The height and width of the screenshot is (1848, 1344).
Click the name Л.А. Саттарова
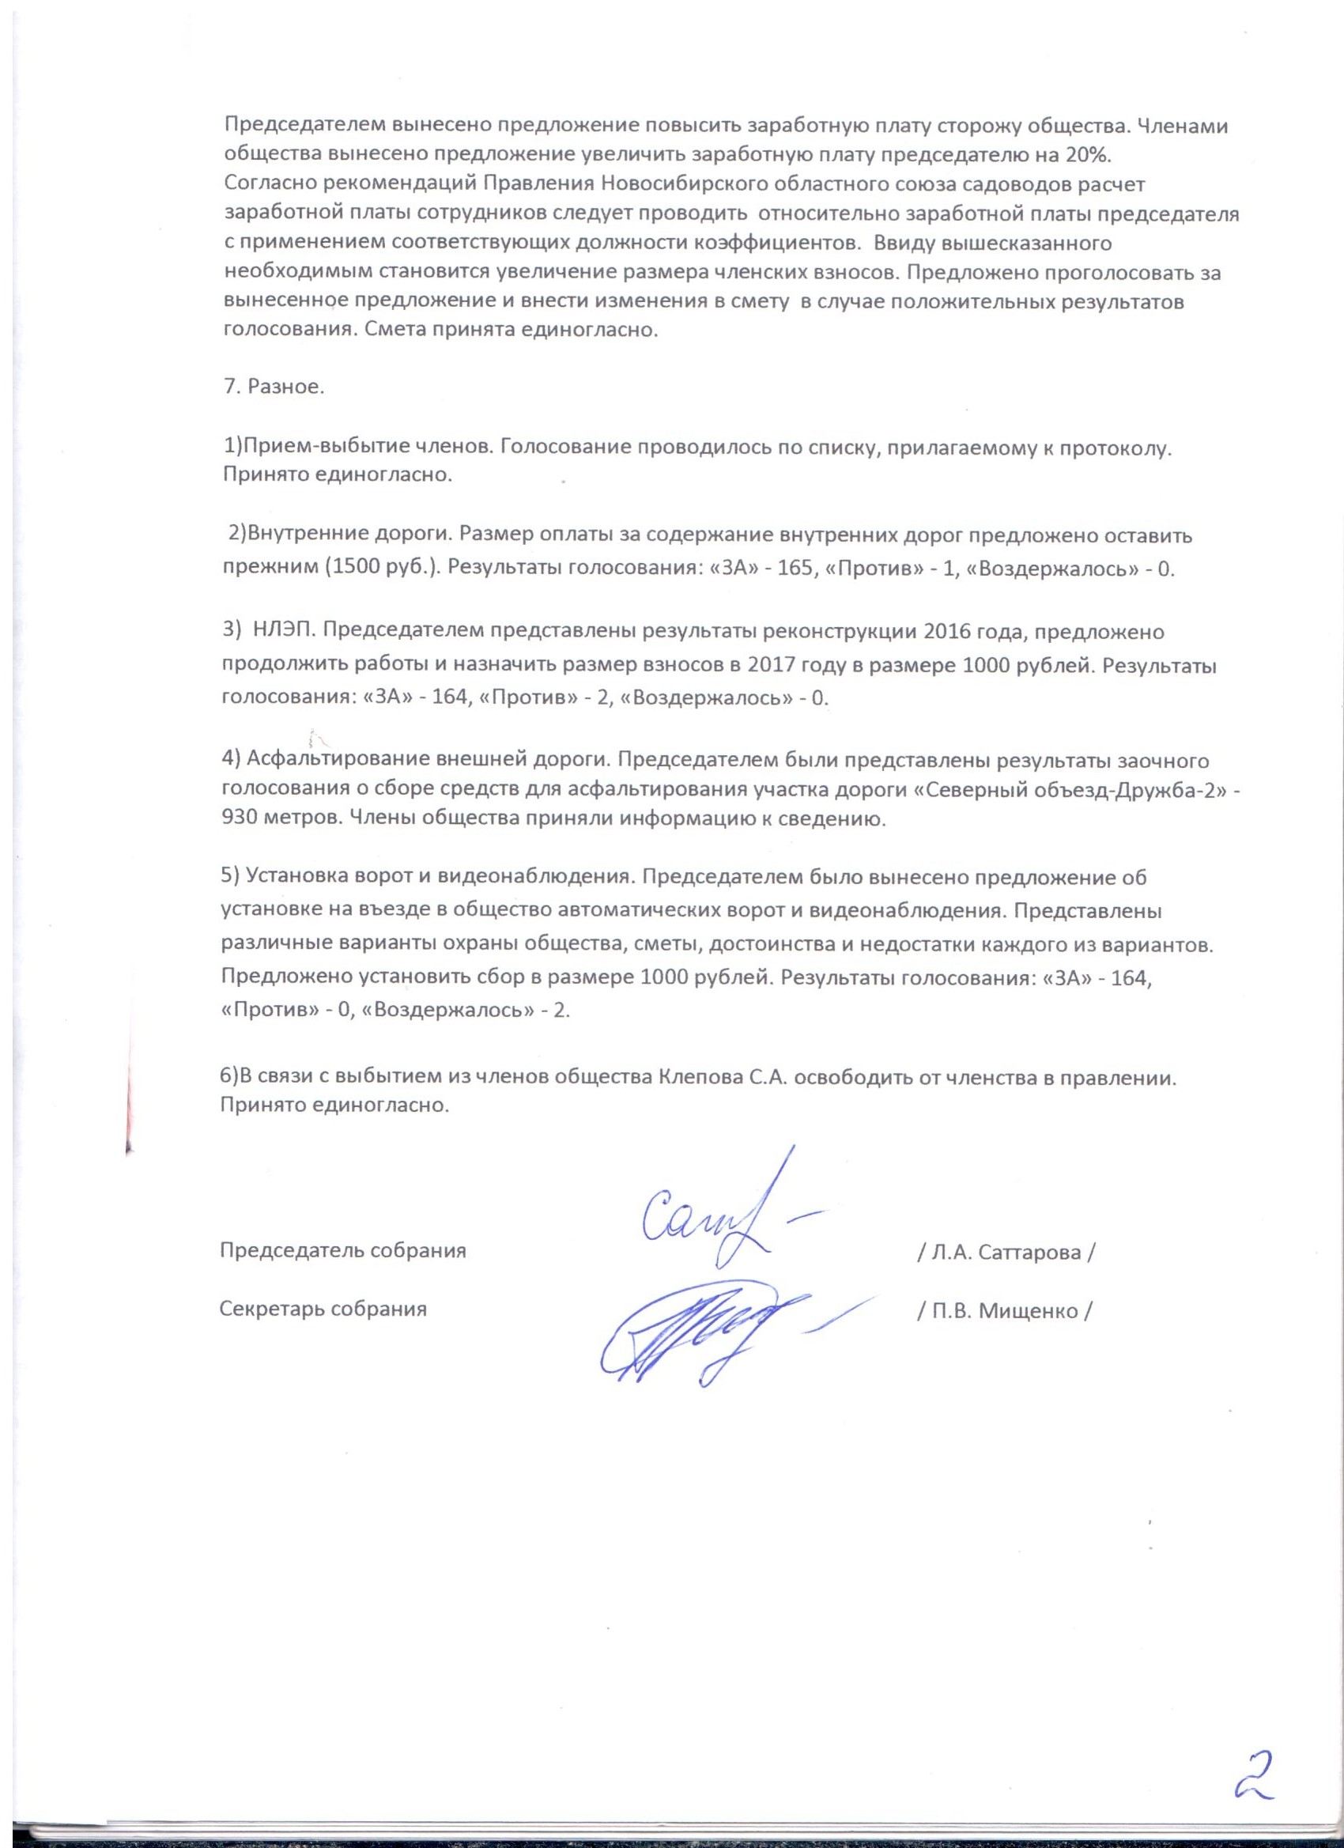coord(1006,1252)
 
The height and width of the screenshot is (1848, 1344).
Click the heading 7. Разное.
coord(274,387)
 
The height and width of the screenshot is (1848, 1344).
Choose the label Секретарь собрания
coord(323,1309)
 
